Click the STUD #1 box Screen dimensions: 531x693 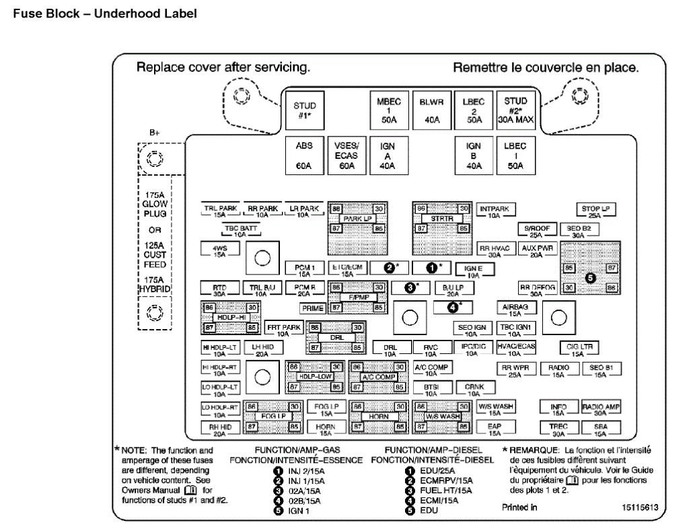click(304, 111)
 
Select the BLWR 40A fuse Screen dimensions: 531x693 click(431, 111)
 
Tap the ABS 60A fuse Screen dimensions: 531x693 click(304, 156)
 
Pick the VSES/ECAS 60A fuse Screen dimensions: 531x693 click(346, 156)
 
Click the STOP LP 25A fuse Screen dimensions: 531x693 click(595, 212)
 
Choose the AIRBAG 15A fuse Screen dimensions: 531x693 click(515, 309)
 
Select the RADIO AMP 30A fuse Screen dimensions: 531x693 click(600, 409)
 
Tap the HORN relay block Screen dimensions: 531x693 click(379, 417)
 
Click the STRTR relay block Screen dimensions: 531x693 click(441, 219)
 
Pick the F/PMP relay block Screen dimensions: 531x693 click(357, 297)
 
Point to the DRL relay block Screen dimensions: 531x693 click(336, 337)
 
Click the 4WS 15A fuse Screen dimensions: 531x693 click(220, 250)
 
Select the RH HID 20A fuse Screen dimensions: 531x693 click(220, 429)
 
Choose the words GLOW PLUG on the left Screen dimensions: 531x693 click(155, 208)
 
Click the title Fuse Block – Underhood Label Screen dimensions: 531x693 click(106, 13)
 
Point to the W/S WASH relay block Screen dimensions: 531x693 click(441, 417)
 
